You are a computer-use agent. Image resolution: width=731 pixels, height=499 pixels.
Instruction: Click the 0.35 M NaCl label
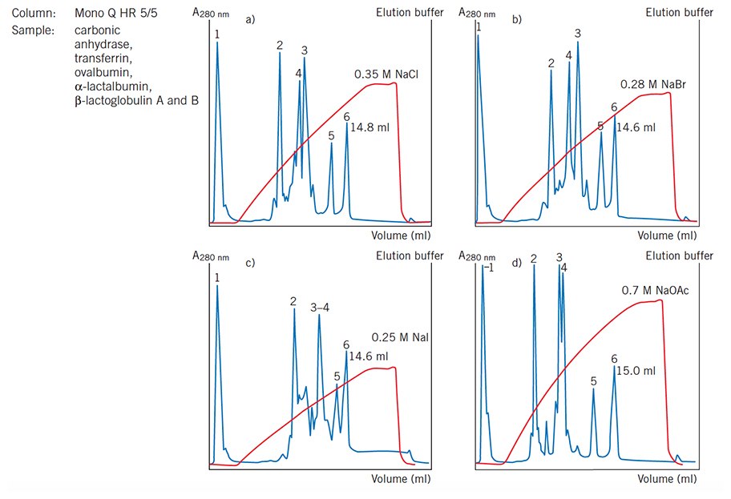pos(387,74)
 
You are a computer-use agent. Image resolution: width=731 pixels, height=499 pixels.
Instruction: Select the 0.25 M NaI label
pos(400,337)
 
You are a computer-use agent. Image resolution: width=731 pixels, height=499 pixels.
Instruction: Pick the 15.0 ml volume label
pos(636,371)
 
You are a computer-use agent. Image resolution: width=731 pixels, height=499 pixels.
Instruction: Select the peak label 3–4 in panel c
pos(320,307)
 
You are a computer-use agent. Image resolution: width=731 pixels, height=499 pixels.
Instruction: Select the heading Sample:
pos(30,30)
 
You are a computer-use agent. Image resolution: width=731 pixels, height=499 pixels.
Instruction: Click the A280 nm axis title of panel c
pos(210,256)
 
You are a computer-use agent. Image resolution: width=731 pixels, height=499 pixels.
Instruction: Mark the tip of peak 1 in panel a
pos(217,42)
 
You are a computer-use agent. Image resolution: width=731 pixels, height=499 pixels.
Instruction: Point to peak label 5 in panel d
pos(593,382)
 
